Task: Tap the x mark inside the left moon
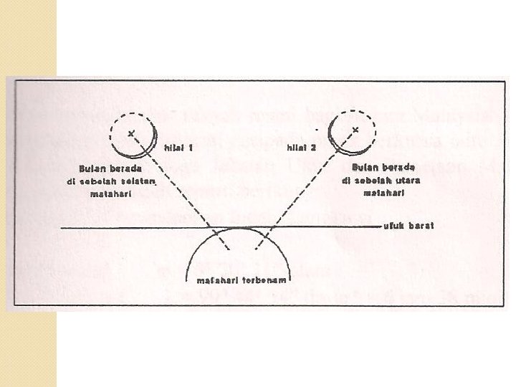click(x=130, y=133)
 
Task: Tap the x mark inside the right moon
click(x=355, y=130)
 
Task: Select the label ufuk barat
click(x=411, y=226)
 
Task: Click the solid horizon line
click(x=107, y=227)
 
